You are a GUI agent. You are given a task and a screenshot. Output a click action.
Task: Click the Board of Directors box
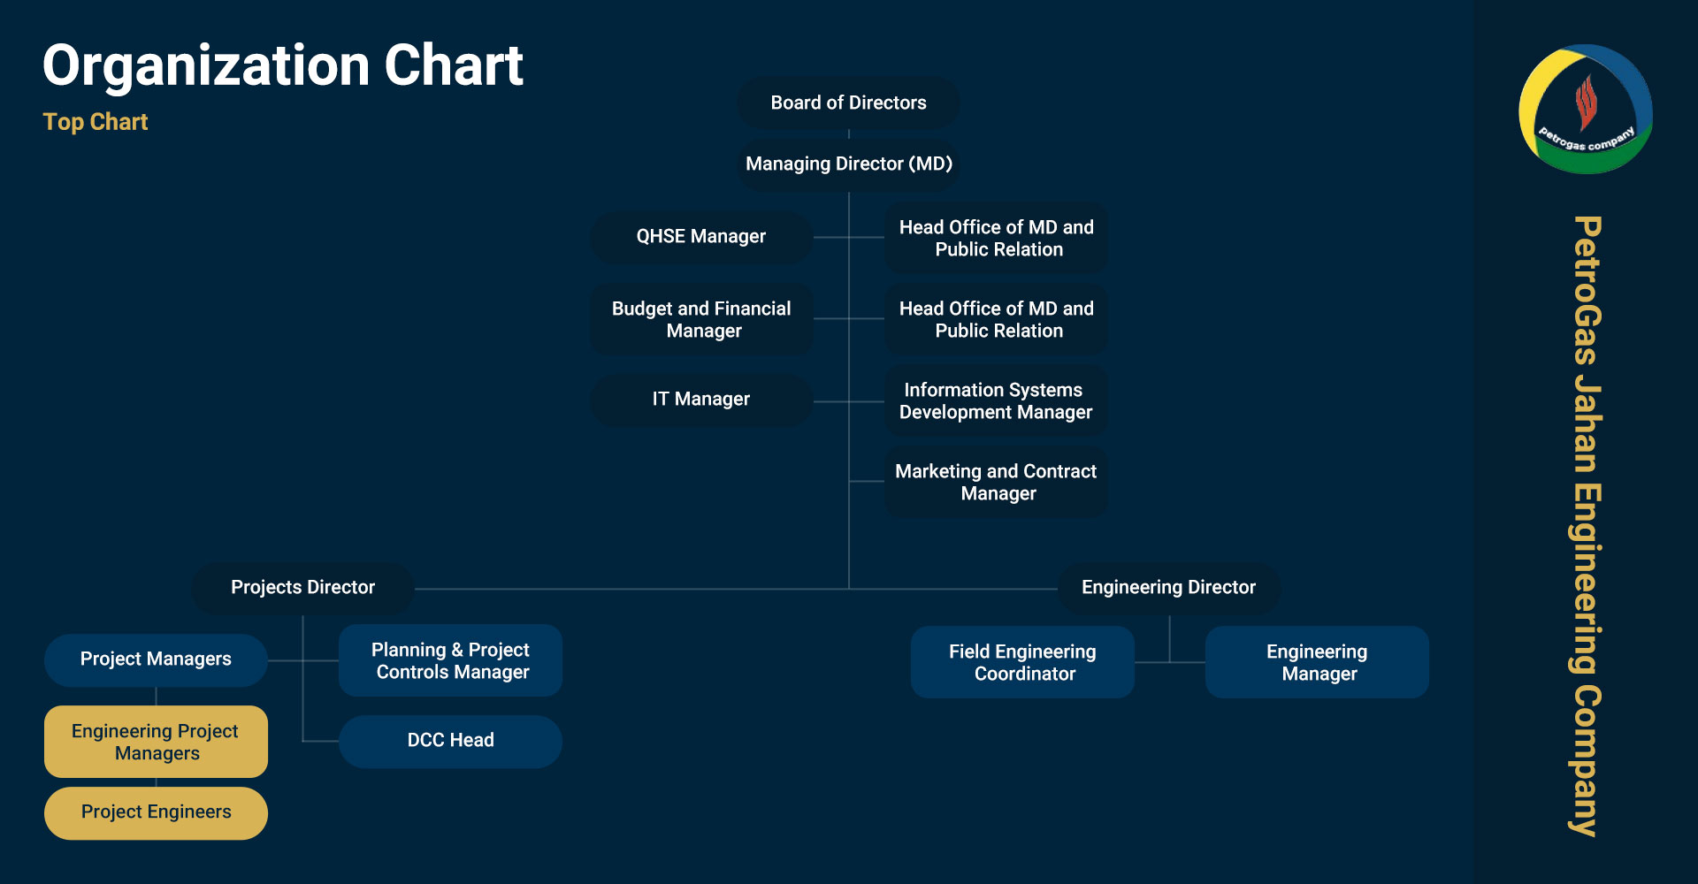pos(848,103)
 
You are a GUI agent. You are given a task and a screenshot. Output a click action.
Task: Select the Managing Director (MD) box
pos(848,164)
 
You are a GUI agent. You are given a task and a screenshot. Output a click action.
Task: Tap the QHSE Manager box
pos(701,237)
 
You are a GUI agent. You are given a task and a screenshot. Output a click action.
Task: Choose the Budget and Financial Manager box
pos(701,319)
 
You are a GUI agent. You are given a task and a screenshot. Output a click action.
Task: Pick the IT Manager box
pos(701,400)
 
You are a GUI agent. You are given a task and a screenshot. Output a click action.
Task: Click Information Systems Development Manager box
pos(996,400)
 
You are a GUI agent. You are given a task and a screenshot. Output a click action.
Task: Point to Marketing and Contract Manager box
pos(996,482)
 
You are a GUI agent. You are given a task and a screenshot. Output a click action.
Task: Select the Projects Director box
pos(302,588)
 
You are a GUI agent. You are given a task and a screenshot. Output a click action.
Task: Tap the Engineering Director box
pos(1169,588)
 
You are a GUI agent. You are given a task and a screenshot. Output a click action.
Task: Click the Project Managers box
pos(156,659)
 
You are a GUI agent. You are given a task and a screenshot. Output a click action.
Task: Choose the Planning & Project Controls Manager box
pos(450,660)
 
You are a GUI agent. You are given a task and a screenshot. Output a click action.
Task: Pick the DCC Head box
pos(450,741)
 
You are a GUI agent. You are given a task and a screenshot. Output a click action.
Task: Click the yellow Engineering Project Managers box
pos(156,742)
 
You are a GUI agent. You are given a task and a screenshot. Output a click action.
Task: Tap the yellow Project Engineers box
pos(156,812)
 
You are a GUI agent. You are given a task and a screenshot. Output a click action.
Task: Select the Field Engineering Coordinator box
pos(1022,662)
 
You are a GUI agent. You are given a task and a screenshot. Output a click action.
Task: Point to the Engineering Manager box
pos(1317,662)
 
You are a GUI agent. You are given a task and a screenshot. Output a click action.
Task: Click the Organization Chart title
pos(283,66)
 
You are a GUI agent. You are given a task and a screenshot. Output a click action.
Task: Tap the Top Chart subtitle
pos(96,122)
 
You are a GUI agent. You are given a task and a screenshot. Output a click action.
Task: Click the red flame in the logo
pos(1586,102)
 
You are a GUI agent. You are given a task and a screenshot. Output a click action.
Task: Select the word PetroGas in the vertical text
pos(1587,291)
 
